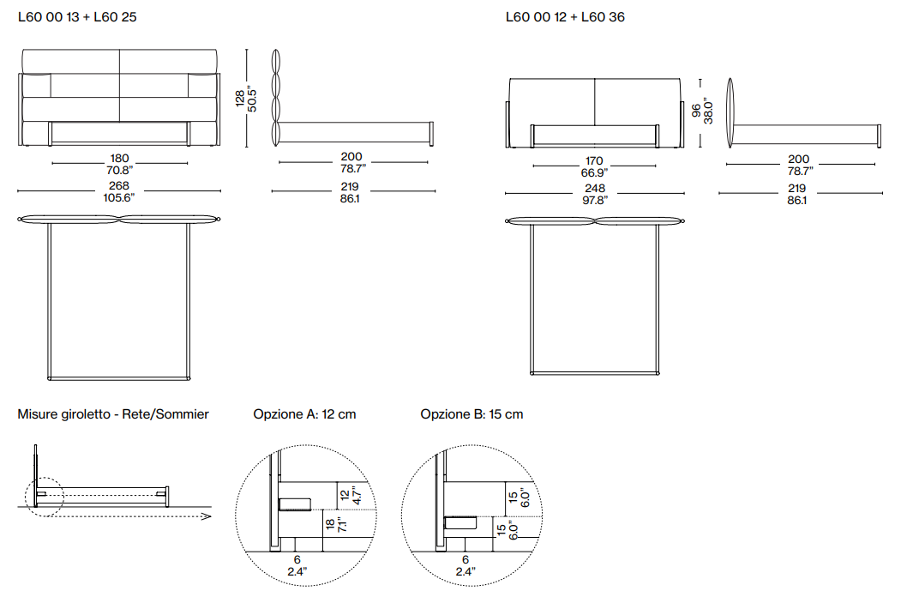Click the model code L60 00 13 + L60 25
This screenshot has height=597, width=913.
coord(77,17)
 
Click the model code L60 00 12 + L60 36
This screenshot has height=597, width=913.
coord(565,17)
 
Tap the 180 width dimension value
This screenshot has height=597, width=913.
coord(119,159)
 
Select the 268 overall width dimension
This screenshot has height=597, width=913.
coord(119,186)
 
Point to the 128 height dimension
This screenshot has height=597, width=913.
coord(240,98)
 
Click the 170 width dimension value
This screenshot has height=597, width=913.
coord(594,160)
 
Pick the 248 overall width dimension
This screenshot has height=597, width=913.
coord(595,188)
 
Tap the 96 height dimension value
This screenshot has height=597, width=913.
coord(696,111)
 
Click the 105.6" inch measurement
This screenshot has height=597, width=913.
coord(119,198)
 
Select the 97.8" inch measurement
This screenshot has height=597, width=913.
coord(595,201)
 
